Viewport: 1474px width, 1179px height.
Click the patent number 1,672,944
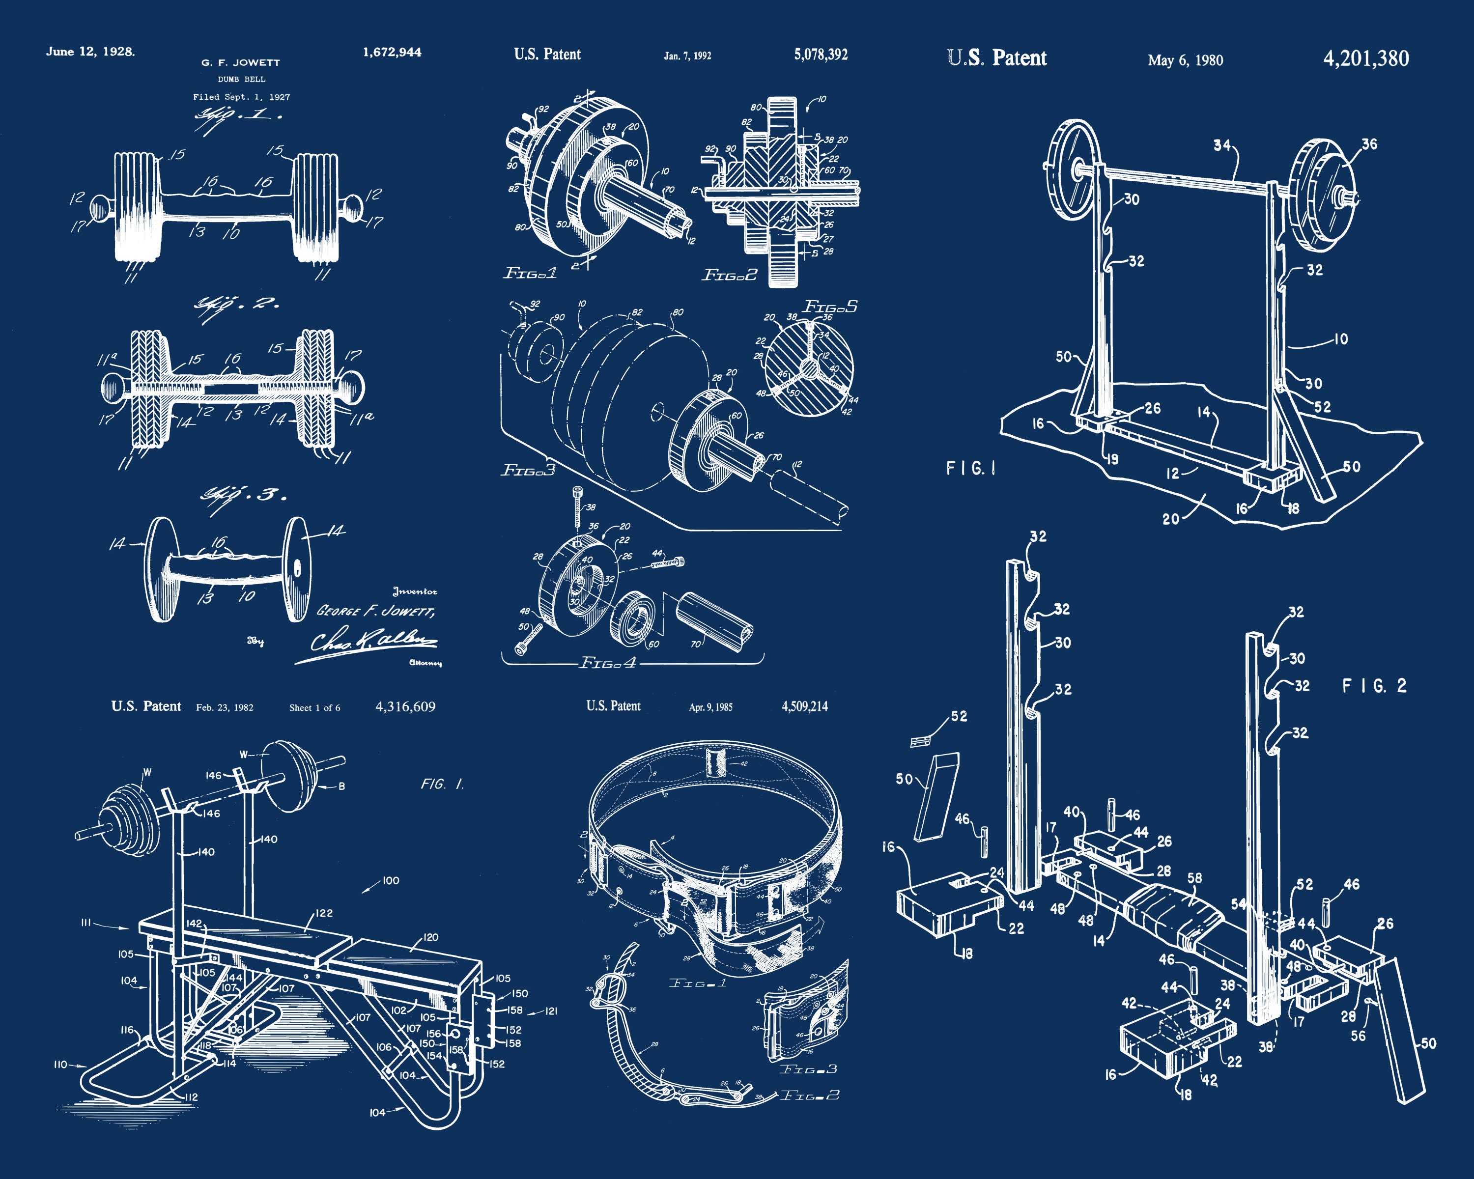point(392,52)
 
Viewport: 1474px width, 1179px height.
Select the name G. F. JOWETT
point(241,62)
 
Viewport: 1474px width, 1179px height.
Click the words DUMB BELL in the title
point(241,79)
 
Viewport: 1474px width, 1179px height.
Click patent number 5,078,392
point(821,55)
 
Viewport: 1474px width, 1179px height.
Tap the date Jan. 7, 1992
point(687,56)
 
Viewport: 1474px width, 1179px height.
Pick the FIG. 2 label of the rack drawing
point(1374,686)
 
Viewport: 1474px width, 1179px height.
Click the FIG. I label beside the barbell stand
point(971,468)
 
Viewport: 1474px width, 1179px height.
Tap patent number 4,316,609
point(405,707)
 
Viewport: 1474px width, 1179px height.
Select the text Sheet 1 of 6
point(314,708)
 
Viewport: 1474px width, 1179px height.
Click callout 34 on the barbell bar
point(1222,145)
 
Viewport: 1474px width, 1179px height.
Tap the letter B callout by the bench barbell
point(341,786)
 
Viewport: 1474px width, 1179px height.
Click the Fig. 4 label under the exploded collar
point(608,663)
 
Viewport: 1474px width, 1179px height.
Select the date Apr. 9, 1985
point(710,707)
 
